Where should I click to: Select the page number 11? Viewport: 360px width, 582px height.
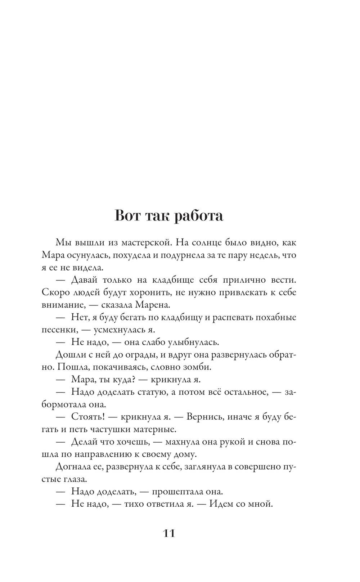pos(169,533)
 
